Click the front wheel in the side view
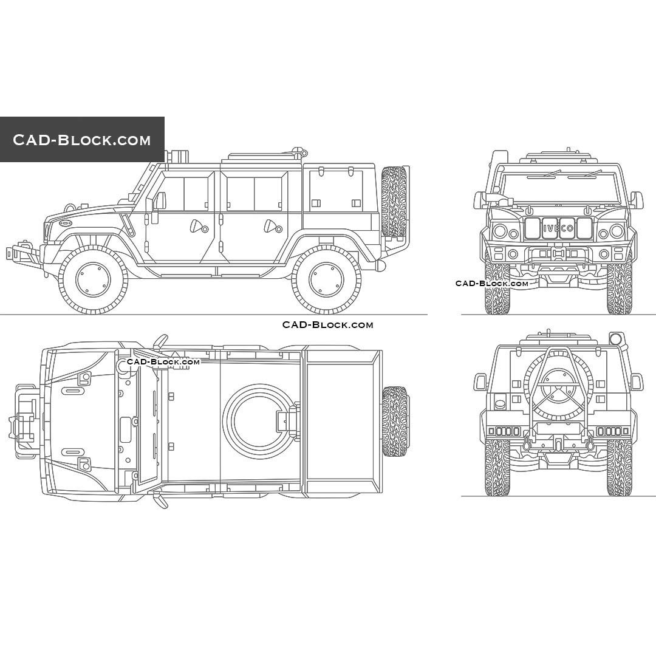point(93,280)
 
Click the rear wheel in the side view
point(326,279)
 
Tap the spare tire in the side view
point(394,202)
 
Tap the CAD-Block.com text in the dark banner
point(82,140)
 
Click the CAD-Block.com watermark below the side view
point(327,325)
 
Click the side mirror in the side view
point(159,200)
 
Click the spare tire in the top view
point(395,421)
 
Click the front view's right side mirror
point(635,199)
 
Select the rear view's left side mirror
point(480,381)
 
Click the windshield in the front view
point(558,185)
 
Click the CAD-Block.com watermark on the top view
point(163,362)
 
